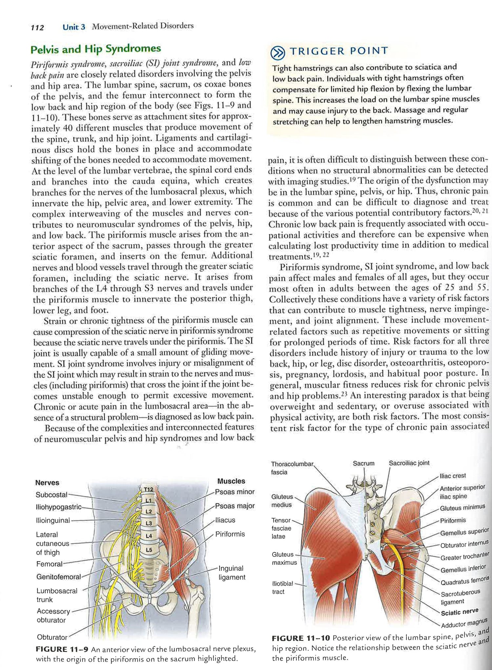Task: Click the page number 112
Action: [37, 28]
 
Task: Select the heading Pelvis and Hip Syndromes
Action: [95, 49]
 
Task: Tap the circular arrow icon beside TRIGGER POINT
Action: [277, 52]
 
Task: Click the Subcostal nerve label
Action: [51, 494]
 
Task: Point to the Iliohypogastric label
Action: [58, 507]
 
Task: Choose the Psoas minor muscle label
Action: [235, 492]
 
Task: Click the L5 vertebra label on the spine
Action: [149, 550]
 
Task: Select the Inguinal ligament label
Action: [232, 573]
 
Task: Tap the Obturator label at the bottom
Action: [52, 637]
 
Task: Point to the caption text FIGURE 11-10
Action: [300, 638]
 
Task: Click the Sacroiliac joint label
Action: [409, 463]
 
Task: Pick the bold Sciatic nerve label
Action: [459, 612]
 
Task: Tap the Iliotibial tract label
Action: [282, 587]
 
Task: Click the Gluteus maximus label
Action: [284, 558]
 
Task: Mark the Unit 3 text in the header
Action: [74, 27]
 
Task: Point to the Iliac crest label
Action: [453, 476]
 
